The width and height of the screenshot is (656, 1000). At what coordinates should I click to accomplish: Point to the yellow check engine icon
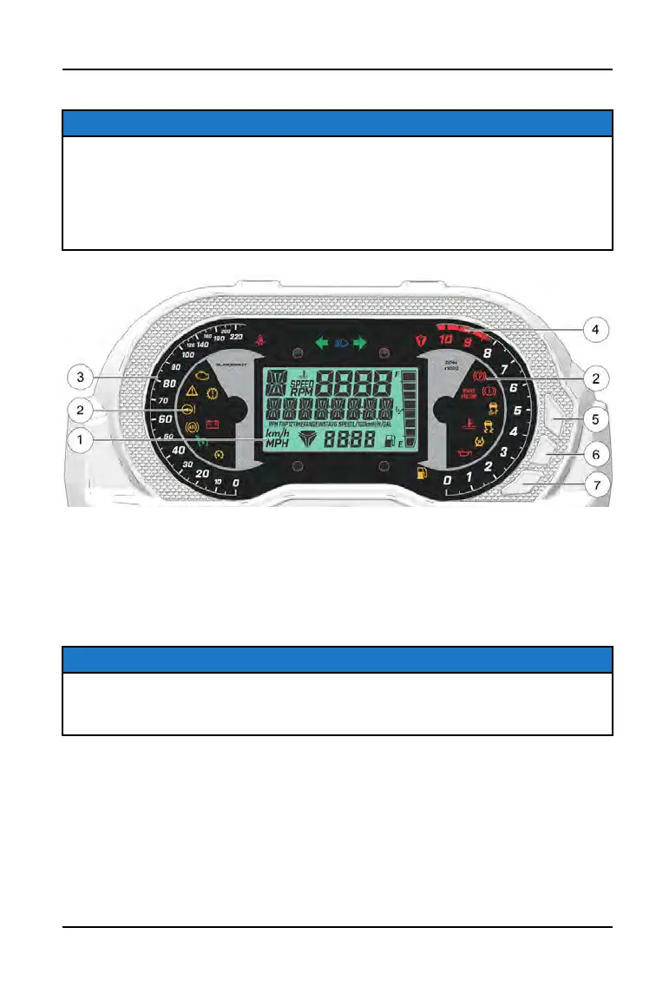[x=202, y=378]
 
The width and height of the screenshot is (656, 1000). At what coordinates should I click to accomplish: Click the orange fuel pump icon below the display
[x=423, y=474]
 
